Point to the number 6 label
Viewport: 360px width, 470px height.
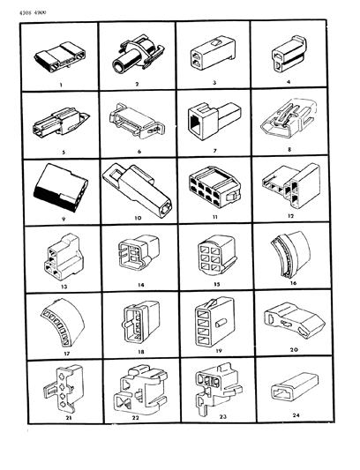(x=136, y=151)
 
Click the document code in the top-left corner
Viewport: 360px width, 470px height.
(x=33, y=11)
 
